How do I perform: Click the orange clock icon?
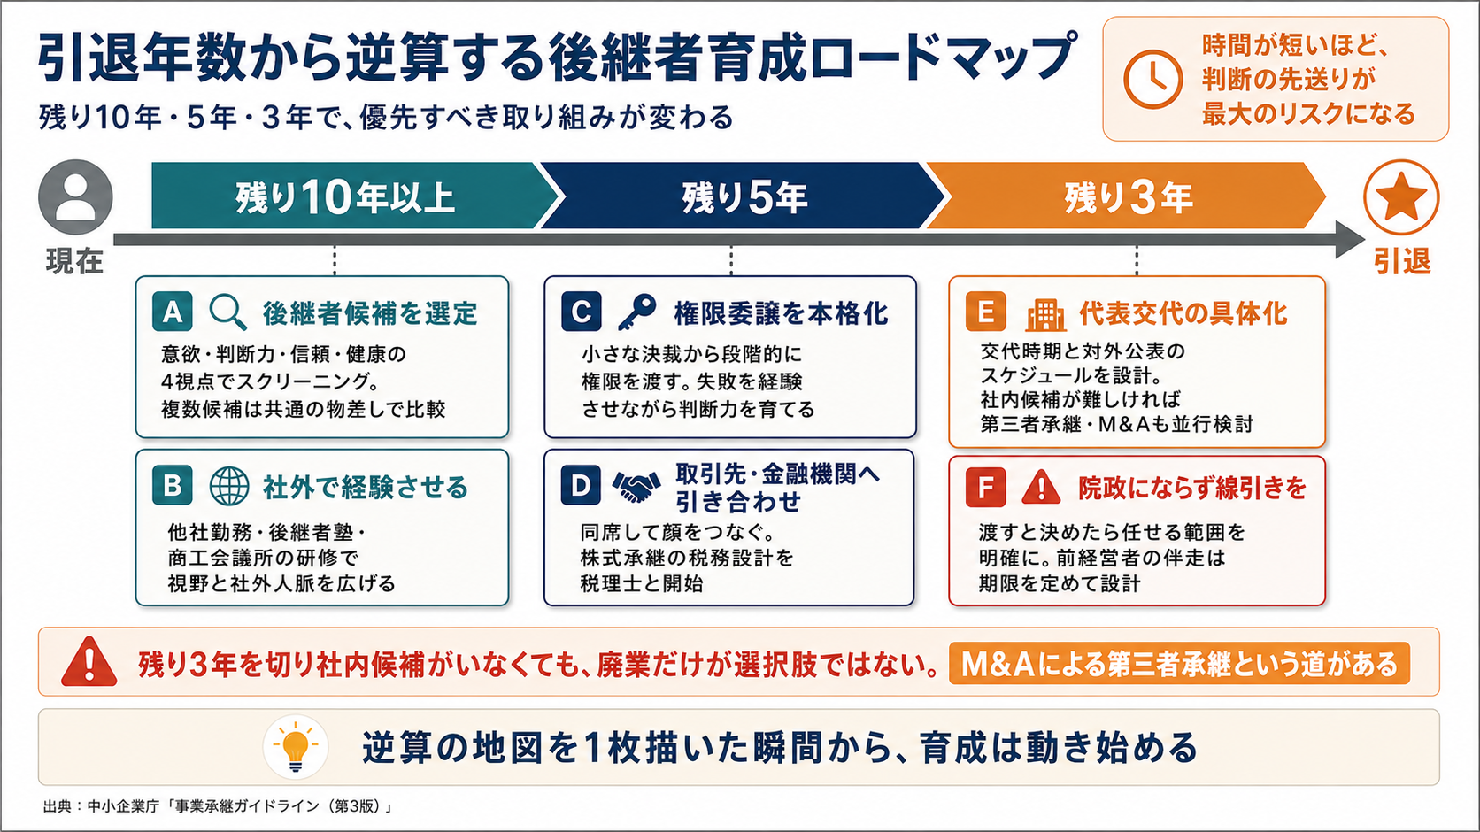1153,80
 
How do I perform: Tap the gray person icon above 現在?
75,196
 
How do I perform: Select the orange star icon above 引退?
1401,196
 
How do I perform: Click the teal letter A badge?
173,312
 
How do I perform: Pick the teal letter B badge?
173,485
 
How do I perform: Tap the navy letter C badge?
582,312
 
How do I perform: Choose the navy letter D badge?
581,485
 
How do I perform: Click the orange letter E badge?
986,312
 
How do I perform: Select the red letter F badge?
986,487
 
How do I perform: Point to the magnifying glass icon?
228,312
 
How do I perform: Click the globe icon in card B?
229,486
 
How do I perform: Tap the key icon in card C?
637,312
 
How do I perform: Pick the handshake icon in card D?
636,487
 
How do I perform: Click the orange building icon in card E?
1046,314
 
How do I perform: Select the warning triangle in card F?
1041,487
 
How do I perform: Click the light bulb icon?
296,747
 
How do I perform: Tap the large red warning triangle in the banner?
89,661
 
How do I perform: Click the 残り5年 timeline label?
744,196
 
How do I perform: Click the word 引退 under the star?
1402,261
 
